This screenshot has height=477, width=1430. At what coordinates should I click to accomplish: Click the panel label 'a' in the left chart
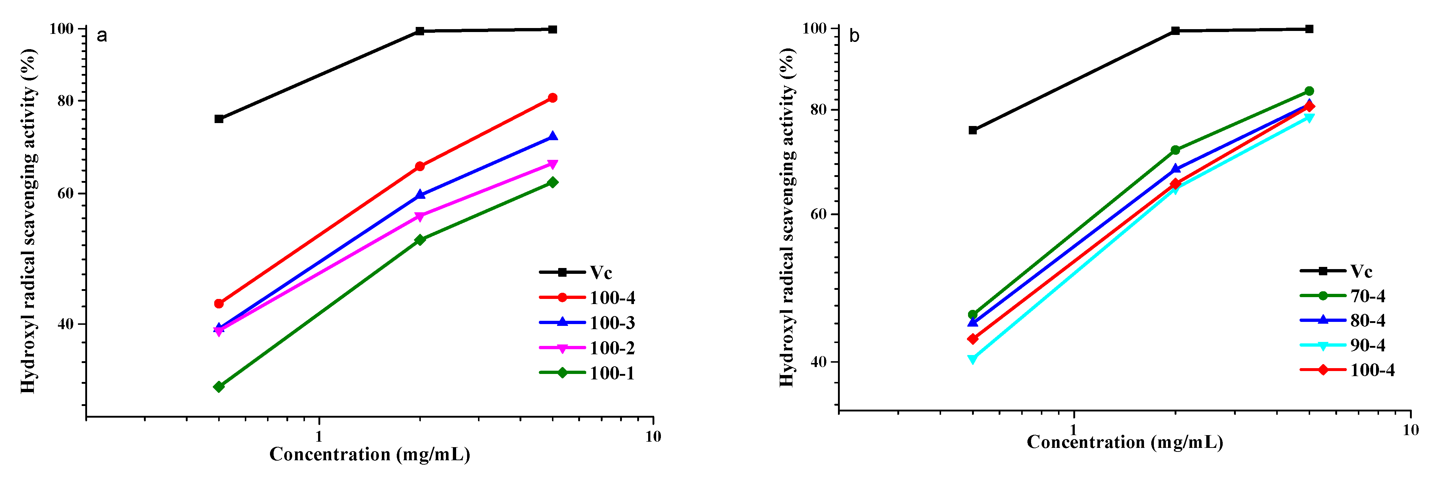point(102,36)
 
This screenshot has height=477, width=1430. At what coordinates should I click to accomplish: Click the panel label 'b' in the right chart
point(854,36)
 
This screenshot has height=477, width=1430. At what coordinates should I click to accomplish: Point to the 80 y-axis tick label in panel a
point(66,101)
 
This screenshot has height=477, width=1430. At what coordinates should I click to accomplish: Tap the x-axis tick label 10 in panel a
point(653,437)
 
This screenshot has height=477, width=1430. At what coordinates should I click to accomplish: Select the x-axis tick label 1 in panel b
point(1073,430)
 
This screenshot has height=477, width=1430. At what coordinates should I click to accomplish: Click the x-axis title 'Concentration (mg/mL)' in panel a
point(370,455)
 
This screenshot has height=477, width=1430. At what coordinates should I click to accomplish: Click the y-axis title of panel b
point(787,217)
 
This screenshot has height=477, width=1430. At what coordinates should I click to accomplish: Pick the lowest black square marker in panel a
point(219,119)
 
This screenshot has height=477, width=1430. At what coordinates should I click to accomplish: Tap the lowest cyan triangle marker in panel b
point(972,359)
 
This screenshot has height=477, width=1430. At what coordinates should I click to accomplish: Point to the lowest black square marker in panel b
point(972,130)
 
